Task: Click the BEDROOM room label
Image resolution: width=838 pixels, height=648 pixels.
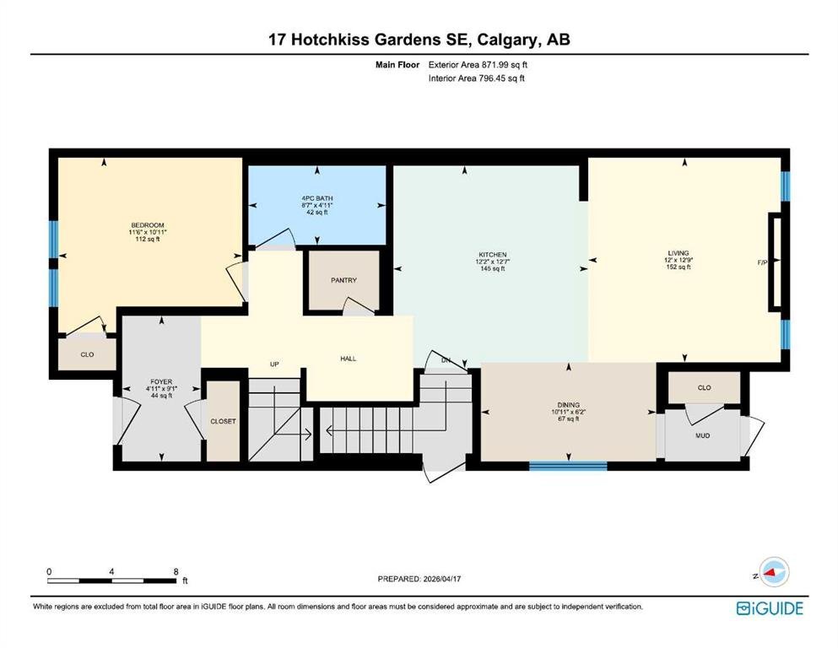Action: point(148,225)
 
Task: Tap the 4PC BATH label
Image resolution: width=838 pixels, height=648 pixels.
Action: point(317,198)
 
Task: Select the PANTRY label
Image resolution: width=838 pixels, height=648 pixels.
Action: point(343,280)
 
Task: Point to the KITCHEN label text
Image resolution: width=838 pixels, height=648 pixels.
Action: point(492,255)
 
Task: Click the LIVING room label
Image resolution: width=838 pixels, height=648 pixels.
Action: point(679,253)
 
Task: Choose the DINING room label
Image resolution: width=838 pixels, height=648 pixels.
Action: point(568,405)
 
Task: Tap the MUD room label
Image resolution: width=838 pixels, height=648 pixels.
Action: point(702,436)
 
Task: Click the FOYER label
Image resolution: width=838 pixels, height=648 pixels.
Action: point(161,382)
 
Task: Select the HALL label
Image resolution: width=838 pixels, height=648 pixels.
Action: point(348,359)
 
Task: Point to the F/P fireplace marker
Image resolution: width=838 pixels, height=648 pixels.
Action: point(763,262)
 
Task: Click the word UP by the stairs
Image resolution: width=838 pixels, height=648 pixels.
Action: point(274,364)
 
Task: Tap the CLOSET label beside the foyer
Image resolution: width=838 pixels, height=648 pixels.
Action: point(223,422)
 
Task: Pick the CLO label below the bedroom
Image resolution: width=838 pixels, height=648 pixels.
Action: point(87,354)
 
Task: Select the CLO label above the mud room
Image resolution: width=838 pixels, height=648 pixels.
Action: point(705,388)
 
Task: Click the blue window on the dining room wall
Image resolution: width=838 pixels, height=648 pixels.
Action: point(568,467)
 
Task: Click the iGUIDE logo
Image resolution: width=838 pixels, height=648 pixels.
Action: point(770,608)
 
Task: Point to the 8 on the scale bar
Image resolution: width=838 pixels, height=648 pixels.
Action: point(176,571)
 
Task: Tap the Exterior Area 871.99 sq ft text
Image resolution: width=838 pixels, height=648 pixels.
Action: point(478,65)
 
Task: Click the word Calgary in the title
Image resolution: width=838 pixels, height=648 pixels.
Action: point(508,40)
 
